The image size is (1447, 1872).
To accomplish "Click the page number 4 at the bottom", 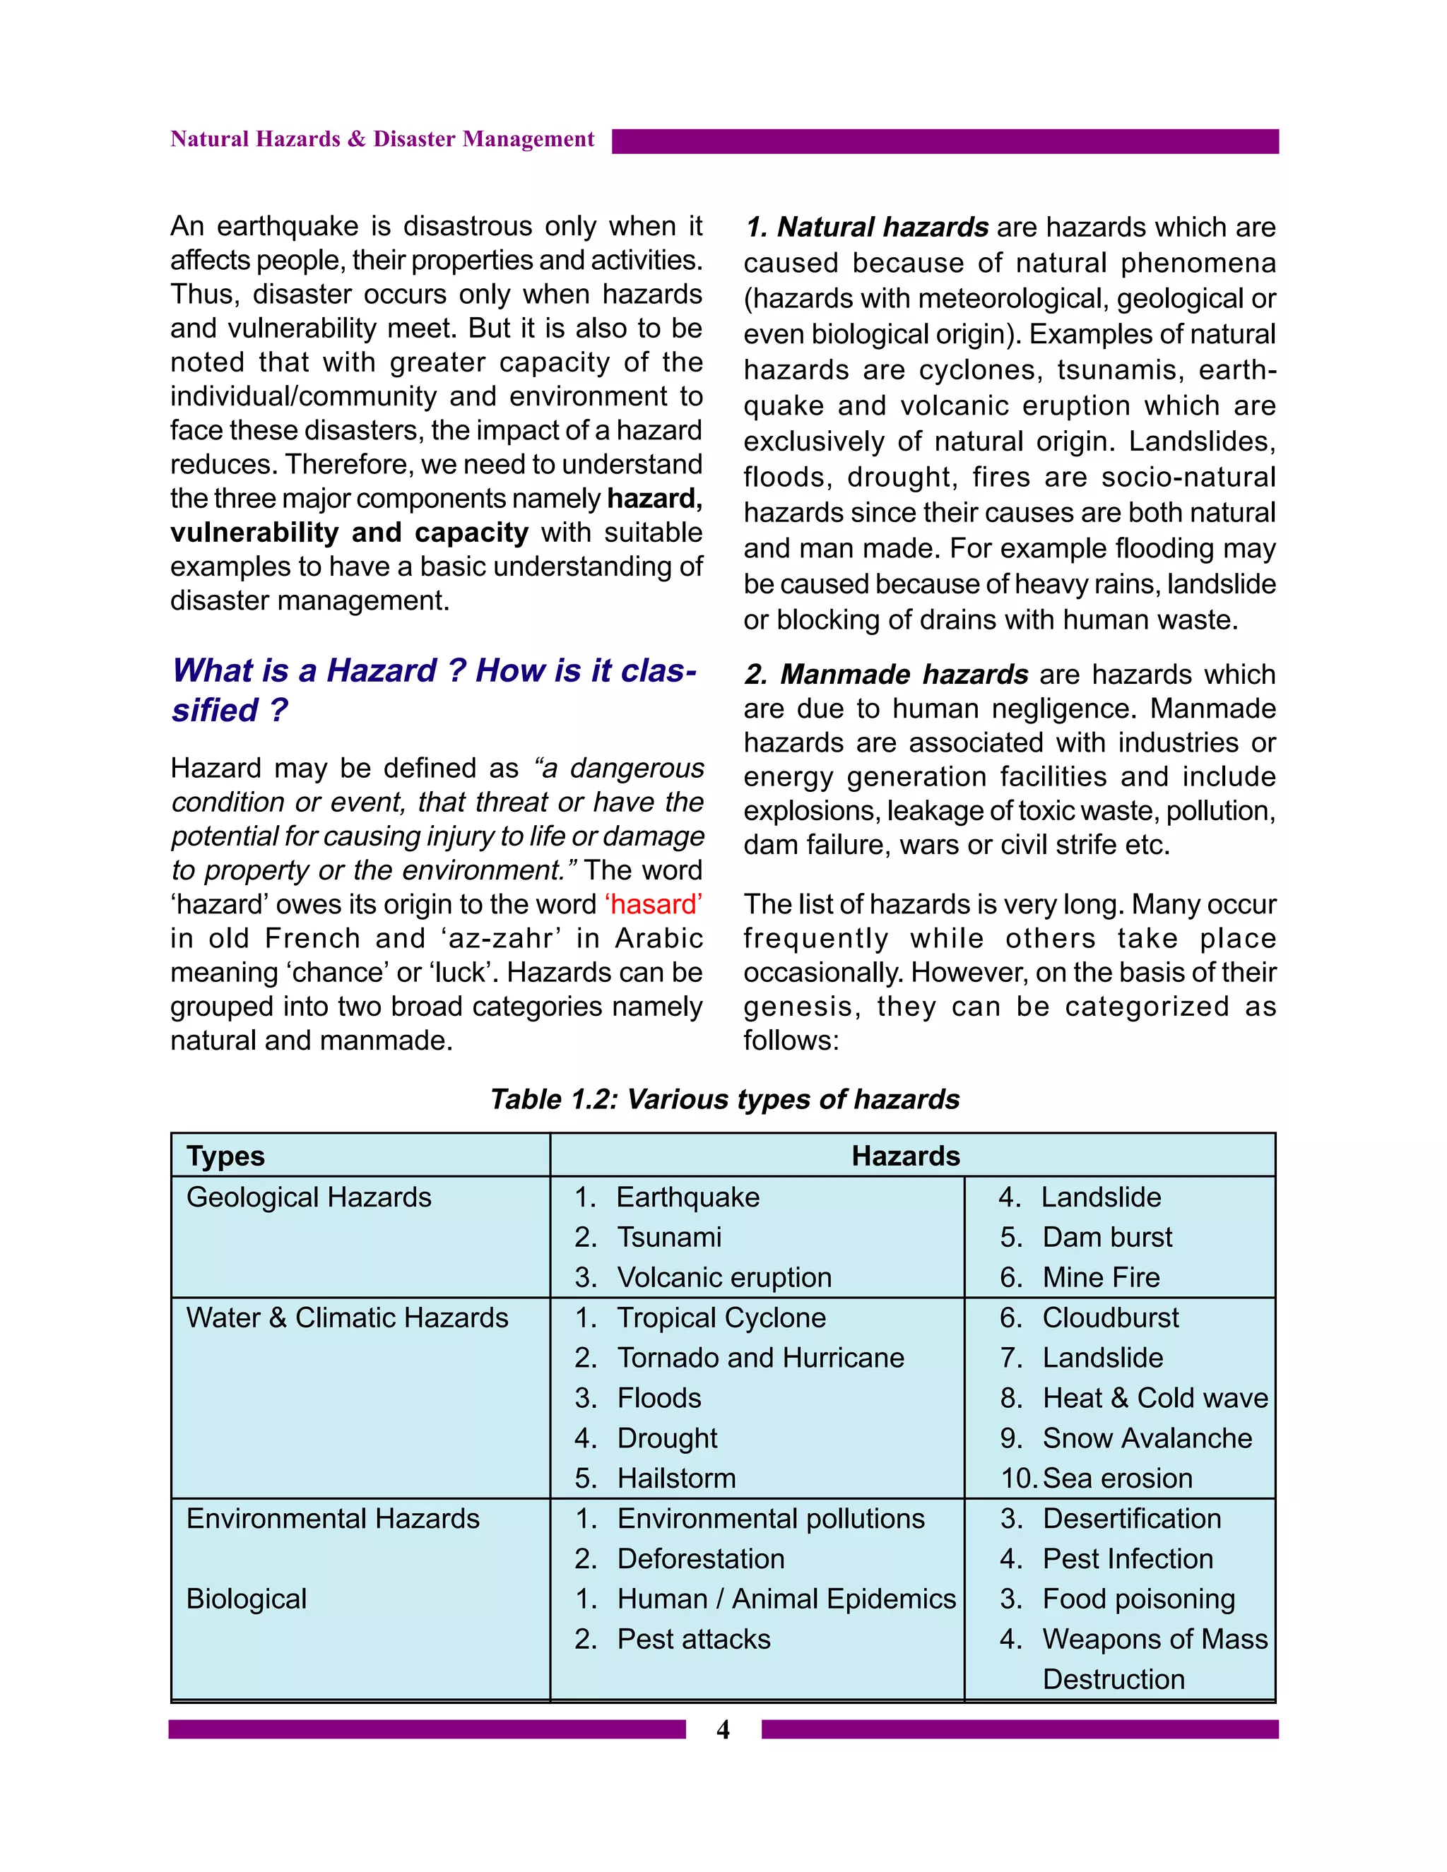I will tap(723, 1730).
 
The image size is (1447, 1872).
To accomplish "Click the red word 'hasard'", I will tap(654, 904).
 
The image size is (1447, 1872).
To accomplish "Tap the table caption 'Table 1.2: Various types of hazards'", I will tap(724, 1099).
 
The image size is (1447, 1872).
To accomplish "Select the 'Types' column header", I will tap(225, 1156).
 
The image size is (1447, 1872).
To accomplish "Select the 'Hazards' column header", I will tap(905, 1156).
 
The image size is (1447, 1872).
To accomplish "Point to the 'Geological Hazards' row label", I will tap(309, 1197).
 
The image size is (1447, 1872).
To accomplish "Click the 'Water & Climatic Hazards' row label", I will tap(347, 1317).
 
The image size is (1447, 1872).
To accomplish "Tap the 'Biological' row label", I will tap(246, 1599).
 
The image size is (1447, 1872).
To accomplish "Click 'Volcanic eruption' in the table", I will tap(723, 1277).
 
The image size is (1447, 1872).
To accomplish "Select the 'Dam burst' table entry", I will tap(1106, 1237).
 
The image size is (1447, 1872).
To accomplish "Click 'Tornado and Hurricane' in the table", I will tap(760, 1358).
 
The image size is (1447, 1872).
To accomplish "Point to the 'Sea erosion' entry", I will tap(1117, 1478).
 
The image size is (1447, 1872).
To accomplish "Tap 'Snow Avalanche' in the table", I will tap(1147, 1438).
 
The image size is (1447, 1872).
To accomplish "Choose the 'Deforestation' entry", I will tap(700, 1558).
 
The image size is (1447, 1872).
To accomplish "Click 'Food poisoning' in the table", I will tap(1138, 1599).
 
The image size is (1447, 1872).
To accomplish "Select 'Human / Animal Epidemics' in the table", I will tap(786, 1599).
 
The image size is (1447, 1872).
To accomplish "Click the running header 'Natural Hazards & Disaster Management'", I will tap(382, 139).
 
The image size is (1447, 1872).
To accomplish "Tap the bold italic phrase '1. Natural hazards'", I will tap(867, 227).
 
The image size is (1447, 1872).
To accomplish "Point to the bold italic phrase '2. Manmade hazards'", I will tap(885, 675).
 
